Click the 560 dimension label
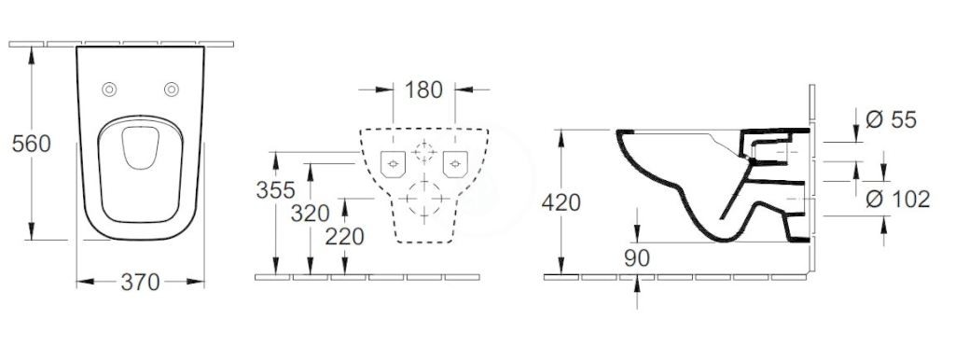tap(31, 144)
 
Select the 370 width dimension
tap(140, 282)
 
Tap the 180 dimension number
tap(423, 90)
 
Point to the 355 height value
tap(275, 190)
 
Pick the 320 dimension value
tap(310, 214)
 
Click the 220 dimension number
tap(345, 236)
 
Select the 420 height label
tap(561, 202)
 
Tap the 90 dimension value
tap(637, 258)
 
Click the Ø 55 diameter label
tap(891, 120)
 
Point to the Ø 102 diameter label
tap(898, 199)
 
